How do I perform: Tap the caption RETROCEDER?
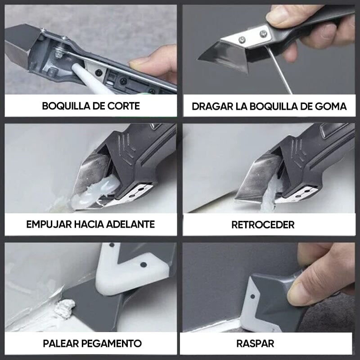[x=263, y=225]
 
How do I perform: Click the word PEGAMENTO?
[x=111, y=343]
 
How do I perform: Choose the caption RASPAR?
[x=255, y=344]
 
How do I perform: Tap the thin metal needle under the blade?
[x=278, y=70]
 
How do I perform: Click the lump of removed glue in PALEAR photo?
[x=65, y=308]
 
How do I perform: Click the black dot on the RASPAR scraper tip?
[x=252, y=297]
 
